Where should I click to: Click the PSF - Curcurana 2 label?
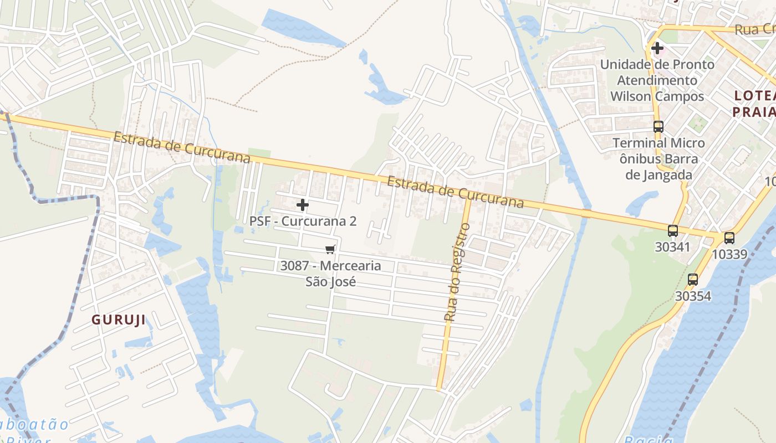click(303, 221)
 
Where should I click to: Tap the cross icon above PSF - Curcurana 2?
click(303, 205)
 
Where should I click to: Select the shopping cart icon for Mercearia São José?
click(330, 250)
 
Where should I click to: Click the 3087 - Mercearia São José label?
click(330, 274)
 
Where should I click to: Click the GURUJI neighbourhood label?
click(119, 320)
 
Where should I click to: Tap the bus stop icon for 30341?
click(673, 231)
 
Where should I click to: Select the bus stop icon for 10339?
click(729, 238)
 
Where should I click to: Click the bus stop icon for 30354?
click(693, 280)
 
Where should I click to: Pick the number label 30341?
click(673, 247)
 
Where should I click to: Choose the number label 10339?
click(729, 255)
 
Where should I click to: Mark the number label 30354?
click(693, 296)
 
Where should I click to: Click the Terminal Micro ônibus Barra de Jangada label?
click(658, 159)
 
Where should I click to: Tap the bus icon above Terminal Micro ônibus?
click(658, 127)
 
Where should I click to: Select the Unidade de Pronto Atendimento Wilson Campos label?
click(657, 80)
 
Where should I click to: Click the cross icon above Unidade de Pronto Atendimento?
click(657, 48)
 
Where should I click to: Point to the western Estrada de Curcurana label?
click(182, 147)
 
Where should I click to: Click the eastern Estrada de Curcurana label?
click(455, 192)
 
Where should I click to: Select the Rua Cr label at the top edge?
click(754, 29)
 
